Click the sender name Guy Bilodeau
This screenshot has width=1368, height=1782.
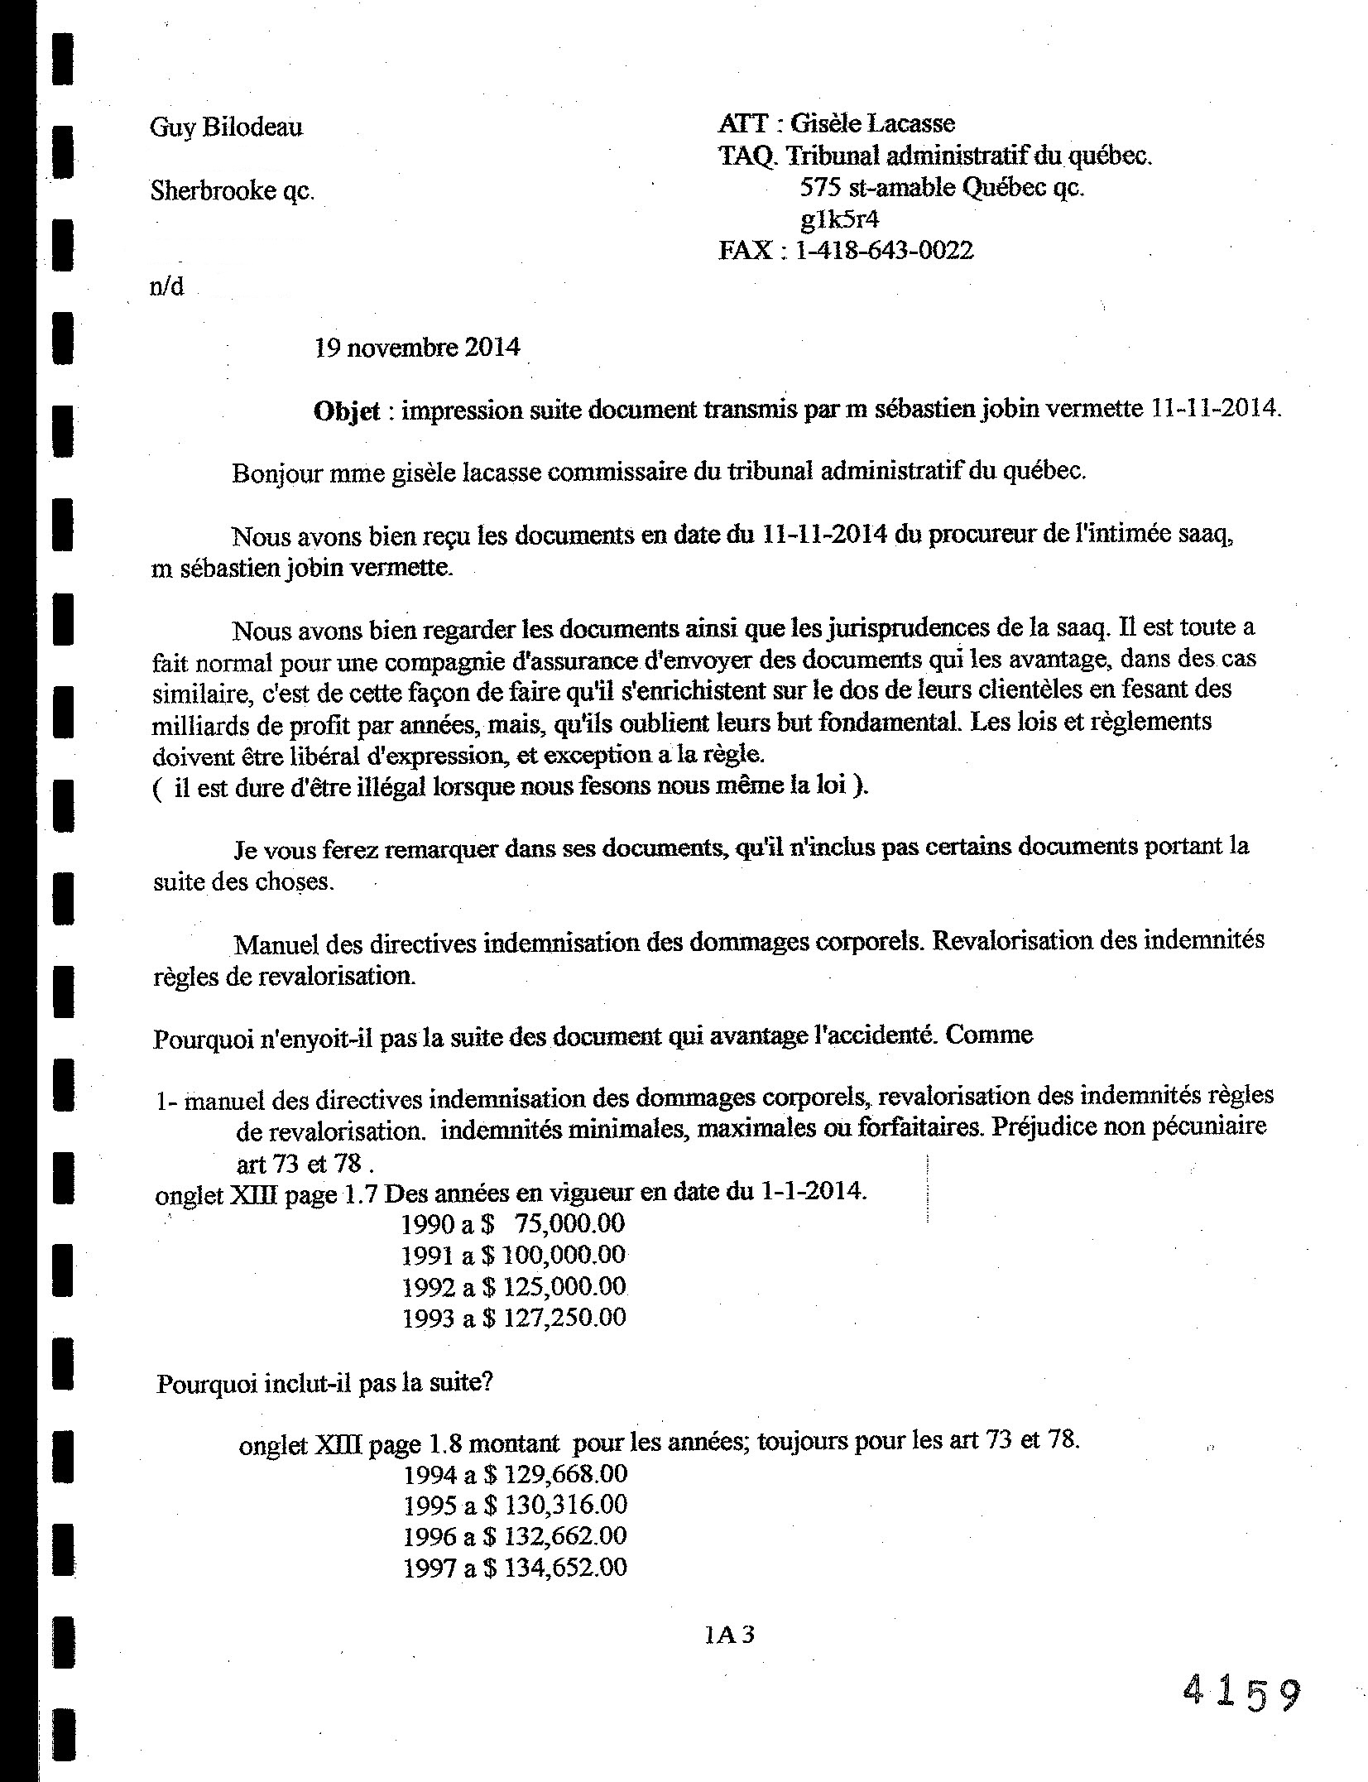coord(226,128)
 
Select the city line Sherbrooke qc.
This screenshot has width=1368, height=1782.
coord(232,191)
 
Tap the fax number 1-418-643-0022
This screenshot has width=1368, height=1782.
coord(884,251)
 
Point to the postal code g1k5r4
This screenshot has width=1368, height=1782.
coord(840,219)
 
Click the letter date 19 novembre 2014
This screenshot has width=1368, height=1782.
coord(417,347)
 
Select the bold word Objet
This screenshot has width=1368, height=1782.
coord(347,411)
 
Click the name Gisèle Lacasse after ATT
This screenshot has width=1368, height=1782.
coord(872,124)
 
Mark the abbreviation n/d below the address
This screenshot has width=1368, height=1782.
coord(166,287)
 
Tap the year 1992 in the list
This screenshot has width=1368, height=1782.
coord(429,1287)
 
